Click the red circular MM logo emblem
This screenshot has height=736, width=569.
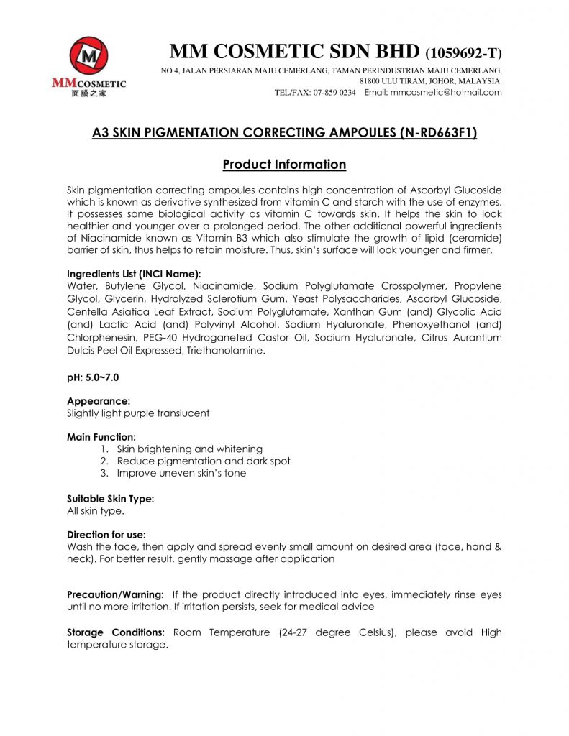pyautogui.click(x=89, y=56)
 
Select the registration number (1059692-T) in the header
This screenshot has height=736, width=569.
pyautogui.click(x=464, y=53)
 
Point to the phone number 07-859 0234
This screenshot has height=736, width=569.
pyautogui.click(x=334, y=93)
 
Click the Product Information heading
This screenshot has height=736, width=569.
pyautogui.click(x=284, y=165)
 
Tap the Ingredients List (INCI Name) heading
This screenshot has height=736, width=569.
pyautogui.click(x=134, y=274)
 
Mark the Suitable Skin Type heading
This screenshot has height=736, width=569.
pyautogui.click(x=110, y=498)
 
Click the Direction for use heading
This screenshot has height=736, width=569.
pyautogui.click(x=106, y=535)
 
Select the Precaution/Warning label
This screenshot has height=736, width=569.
pyautogui.click(x=115, y=595)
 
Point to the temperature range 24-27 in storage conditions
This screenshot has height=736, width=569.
pyautogui.click(x=301, y=632)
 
